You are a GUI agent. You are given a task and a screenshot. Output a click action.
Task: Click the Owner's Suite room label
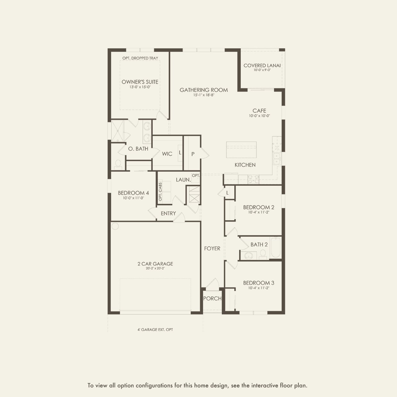140,82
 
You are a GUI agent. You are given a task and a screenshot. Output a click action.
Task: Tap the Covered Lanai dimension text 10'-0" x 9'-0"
262,70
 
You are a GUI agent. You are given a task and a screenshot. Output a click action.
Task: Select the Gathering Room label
204,90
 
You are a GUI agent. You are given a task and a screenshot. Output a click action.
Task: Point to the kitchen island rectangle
241,150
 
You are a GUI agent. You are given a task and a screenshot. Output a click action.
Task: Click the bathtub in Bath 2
276,247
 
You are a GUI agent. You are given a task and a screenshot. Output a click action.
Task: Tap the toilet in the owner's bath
118,164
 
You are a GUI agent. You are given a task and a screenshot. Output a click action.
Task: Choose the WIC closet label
167,154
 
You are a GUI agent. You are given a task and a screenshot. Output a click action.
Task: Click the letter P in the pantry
193,154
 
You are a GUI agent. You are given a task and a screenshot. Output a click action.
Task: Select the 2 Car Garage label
155,264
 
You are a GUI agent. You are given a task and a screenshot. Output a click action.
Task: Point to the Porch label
212,298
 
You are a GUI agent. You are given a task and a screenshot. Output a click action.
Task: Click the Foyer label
212,248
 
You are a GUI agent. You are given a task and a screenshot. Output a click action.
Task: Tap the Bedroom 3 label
259,283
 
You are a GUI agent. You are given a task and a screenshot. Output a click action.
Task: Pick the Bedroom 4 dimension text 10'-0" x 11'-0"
134,198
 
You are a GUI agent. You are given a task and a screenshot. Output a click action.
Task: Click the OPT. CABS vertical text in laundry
160,192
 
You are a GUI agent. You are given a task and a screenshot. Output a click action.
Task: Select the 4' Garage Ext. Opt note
155,329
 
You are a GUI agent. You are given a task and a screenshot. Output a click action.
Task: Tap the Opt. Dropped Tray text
140,58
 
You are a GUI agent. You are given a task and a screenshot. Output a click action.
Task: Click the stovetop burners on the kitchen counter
253,179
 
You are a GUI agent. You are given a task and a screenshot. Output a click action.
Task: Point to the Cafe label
259,111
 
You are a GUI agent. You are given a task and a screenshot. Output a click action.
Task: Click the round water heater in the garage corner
115,226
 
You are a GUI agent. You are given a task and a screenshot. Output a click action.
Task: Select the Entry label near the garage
168,214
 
